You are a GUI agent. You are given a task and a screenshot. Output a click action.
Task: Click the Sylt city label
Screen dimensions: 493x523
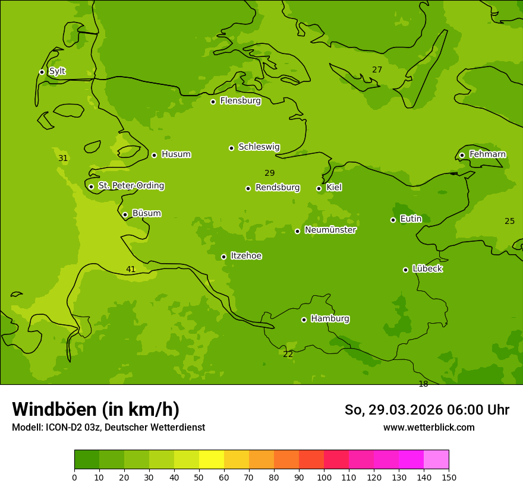(x=57, y=71)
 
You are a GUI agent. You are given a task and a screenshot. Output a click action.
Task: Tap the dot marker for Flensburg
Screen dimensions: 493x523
(x=213, y=102)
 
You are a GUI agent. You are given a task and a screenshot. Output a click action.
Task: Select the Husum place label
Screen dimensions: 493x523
(x=176, y=154)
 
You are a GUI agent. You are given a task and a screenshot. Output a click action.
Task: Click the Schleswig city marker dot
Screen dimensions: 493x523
(x=231, y=148)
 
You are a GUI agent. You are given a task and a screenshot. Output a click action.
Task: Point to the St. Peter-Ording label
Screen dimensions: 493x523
(x=131, y=186)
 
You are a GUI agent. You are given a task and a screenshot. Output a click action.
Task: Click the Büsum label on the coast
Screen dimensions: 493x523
(x=146, y=213)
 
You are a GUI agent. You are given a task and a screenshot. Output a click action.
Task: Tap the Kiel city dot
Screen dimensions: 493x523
(x=319, y=188)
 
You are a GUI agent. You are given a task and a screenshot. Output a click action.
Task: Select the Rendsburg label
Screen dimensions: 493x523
(x=277, y=188)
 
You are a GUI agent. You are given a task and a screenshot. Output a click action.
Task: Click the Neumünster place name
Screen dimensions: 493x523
(x=330, y=230)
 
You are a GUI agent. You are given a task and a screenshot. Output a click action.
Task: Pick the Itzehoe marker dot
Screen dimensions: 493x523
(x=223, y=257)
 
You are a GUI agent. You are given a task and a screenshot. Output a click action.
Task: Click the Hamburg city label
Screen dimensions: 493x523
(x=330, y=319)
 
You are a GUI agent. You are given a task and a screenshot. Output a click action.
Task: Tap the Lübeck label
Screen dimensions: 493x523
(x=427, y=268)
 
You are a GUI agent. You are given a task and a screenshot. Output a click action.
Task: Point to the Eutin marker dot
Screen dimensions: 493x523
(x=393, y=220)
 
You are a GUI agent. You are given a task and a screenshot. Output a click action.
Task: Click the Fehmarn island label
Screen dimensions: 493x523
(x=487, y=154)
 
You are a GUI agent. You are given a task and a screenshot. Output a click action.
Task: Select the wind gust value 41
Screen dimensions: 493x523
(x=131, y=270)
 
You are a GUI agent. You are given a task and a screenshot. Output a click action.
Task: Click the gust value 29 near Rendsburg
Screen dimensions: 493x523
(x=269, y=173)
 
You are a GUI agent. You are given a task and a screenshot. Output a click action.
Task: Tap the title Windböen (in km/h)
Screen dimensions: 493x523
(x=96, y=409)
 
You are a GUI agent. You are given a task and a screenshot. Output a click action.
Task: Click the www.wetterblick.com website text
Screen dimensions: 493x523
(x=429, y=428)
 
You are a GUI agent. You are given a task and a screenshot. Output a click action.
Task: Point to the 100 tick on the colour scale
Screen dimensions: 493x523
(x=324, y=477)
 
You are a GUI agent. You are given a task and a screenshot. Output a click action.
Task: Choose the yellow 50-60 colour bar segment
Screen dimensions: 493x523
(x=212, y=459)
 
